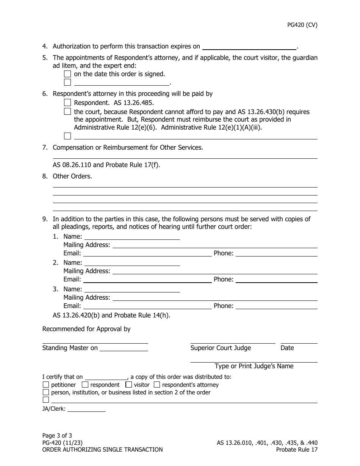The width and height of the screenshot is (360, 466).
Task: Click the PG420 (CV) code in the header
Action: click(302, 25)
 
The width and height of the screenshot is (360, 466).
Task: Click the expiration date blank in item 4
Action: click(249, 46)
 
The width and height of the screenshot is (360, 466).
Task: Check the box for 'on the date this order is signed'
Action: click(67, 74)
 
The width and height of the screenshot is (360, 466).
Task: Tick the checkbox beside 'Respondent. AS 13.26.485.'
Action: click(67, 103)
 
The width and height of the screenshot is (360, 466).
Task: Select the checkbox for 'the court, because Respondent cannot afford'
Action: click(67, 112)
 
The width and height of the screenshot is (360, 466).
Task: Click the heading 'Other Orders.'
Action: click(72, 176)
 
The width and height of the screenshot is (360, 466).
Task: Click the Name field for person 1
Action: click(131, 236)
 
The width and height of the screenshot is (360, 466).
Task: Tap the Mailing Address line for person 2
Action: click(214, 271)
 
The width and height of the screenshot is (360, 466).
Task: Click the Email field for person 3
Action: click(147, 306)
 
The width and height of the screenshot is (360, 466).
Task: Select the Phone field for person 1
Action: click(276, 253)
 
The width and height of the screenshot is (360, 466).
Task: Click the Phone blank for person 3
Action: click(276, 306)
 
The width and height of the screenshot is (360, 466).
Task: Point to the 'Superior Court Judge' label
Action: click(221, 348)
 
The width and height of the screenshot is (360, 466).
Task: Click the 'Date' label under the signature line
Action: click(287, 348)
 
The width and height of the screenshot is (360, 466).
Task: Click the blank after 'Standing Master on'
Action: click(124, 348)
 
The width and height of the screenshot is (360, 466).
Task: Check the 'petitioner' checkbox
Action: click(46, 385)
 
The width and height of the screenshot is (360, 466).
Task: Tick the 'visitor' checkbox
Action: click(128, 385)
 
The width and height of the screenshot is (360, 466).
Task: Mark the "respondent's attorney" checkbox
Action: click(157, 385)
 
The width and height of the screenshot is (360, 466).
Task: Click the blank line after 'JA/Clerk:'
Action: click(86, 409)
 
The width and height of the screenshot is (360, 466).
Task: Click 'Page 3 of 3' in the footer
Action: click(57, 435)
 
